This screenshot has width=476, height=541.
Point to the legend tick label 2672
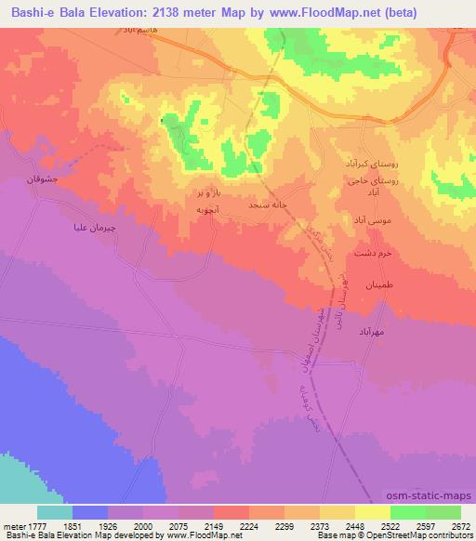click(x=460, y=525)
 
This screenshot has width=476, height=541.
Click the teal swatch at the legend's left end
click(x=54, y=512)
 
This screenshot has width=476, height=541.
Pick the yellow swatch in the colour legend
click(x=372, y=512)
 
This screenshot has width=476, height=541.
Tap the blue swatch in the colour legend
click(x=89, y=512)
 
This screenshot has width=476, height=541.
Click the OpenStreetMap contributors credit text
click(x=410, y=536)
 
